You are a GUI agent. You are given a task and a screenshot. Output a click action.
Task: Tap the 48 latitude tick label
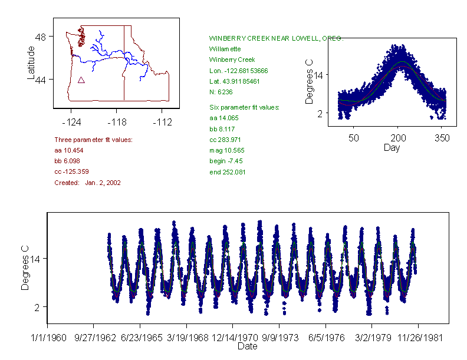(41, 37)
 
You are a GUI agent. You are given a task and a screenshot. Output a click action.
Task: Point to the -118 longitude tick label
(117, 122)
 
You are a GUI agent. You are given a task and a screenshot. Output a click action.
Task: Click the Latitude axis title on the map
(31, 63)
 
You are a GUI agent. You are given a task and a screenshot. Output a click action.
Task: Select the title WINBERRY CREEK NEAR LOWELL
(276, 38)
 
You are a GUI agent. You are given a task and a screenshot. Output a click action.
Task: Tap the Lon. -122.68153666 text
(238, 71)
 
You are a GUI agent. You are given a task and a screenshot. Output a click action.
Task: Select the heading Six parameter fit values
(244, 107)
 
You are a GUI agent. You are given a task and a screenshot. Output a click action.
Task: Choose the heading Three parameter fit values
(93, 140)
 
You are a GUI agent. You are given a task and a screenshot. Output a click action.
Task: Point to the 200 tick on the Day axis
(398, 138)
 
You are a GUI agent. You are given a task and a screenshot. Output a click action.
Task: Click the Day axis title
(392, 147)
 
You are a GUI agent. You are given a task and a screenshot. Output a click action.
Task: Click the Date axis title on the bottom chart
(248, 346)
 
